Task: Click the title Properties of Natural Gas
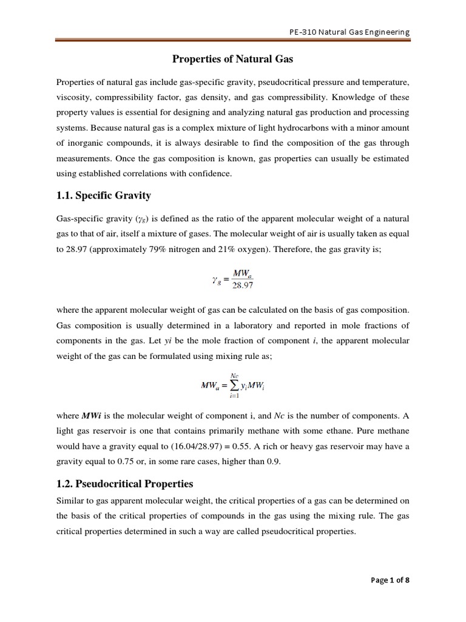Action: coord(233,59)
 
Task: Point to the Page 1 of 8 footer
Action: coord(390,579)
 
